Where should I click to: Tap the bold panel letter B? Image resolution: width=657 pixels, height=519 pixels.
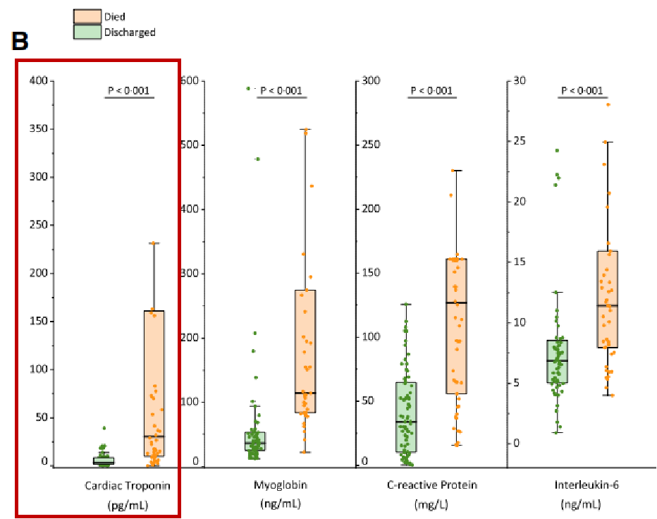click(20, 42)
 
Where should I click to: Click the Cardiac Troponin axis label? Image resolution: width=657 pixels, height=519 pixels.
click(128, 485)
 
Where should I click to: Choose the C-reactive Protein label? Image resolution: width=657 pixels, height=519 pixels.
click(432, 485)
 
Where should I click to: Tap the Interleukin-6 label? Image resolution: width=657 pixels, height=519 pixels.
click(581, 485)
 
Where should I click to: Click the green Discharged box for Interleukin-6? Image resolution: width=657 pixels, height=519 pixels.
click(558, 362)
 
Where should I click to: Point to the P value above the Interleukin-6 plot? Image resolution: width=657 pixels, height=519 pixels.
click(582, 90)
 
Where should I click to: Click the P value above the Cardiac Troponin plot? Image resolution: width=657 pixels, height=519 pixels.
click(128, 90)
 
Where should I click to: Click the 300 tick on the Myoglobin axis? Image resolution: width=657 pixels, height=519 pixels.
click(191, 274)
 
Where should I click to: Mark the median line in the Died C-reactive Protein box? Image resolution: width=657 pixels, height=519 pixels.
click(457, 303)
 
